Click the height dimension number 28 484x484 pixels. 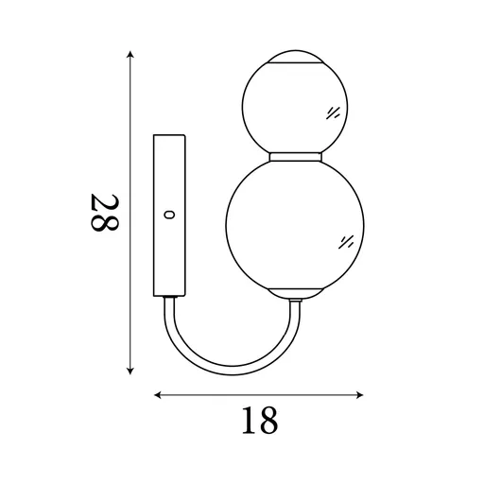[103, 215]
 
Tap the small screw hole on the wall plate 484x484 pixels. [169, 215]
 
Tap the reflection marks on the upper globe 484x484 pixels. [332, 112]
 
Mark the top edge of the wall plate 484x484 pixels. [172, 136]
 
